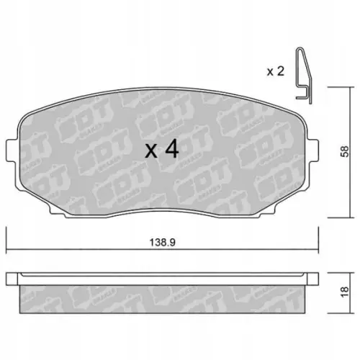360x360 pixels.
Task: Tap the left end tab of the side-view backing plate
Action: [12, 278]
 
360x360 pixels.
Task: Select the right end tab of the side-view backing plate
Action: [314, 278]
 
